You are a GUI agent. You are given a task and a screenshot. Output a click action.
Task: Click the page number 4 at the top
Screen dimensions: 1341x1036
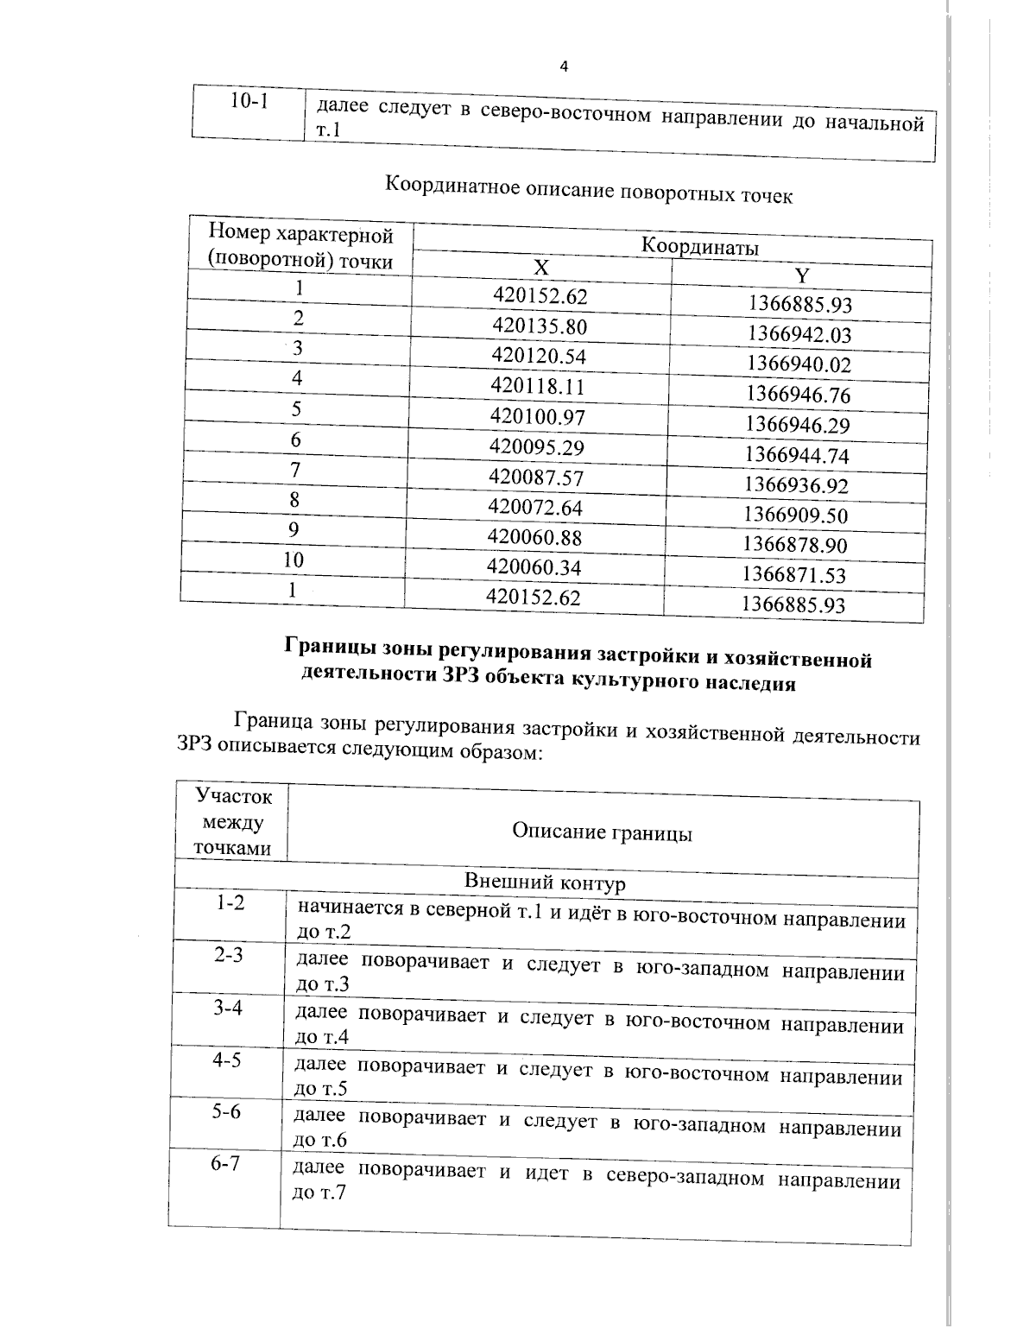(x=564, y=67)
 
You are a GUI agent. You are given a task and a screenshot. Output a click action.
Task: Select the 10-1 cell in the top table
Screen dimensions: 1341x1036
(x=249, y=102)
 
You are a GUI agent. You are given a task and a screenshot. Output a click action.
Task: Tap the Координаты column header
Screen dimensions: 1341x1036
(x=699, y=247)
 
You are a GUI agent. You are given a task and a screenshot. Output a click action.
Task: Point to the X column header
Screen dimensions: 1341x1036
(x=541, y=268)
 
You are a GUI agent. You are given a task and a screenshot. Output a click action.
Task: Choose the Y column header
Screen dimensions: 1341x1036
(x=802, y=276)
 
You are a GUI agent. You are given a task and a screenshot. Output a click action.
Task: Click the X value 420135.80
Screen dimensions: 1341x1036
(x=540, y=326)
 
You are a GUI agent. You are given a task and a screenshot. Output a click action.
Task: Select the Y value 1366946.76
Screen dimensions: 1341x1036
(x=799, y=395)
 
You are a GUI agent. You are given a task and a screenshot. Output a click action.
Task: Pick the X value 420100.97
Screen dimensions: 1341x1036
(x=538, y=418)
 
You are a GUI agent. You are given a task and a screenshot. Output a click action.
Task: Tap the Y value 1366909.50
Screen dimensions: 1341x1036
(x=796, y=516)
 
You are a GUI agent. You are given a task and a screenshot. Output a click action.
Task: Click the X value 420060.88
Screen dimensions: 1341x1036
(x=535, y=537)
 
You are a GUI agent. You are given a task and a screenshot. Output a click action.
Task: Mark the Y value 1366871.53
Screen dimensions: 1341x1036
(x=794, y=575)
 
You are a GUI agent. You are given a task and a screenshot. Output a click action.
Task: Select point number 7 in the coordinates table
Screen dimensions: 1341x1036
(x=296, y=471)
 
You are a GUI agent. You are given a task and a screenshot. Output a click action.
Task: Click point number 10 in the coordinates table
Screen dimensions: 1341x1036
(x=294, y=560)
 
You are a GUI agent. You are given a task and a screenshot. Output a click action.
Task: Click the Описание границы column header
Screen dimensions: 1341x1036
(x=602, y=832)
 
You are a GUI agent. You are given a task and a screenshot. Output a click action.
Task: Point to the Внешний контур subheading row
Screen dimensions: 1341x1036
(x=545, y=883)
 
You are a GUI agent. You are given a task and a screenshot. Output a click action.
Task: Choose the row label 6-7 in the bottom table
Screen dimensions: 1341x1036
(x=225, y=1164)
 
